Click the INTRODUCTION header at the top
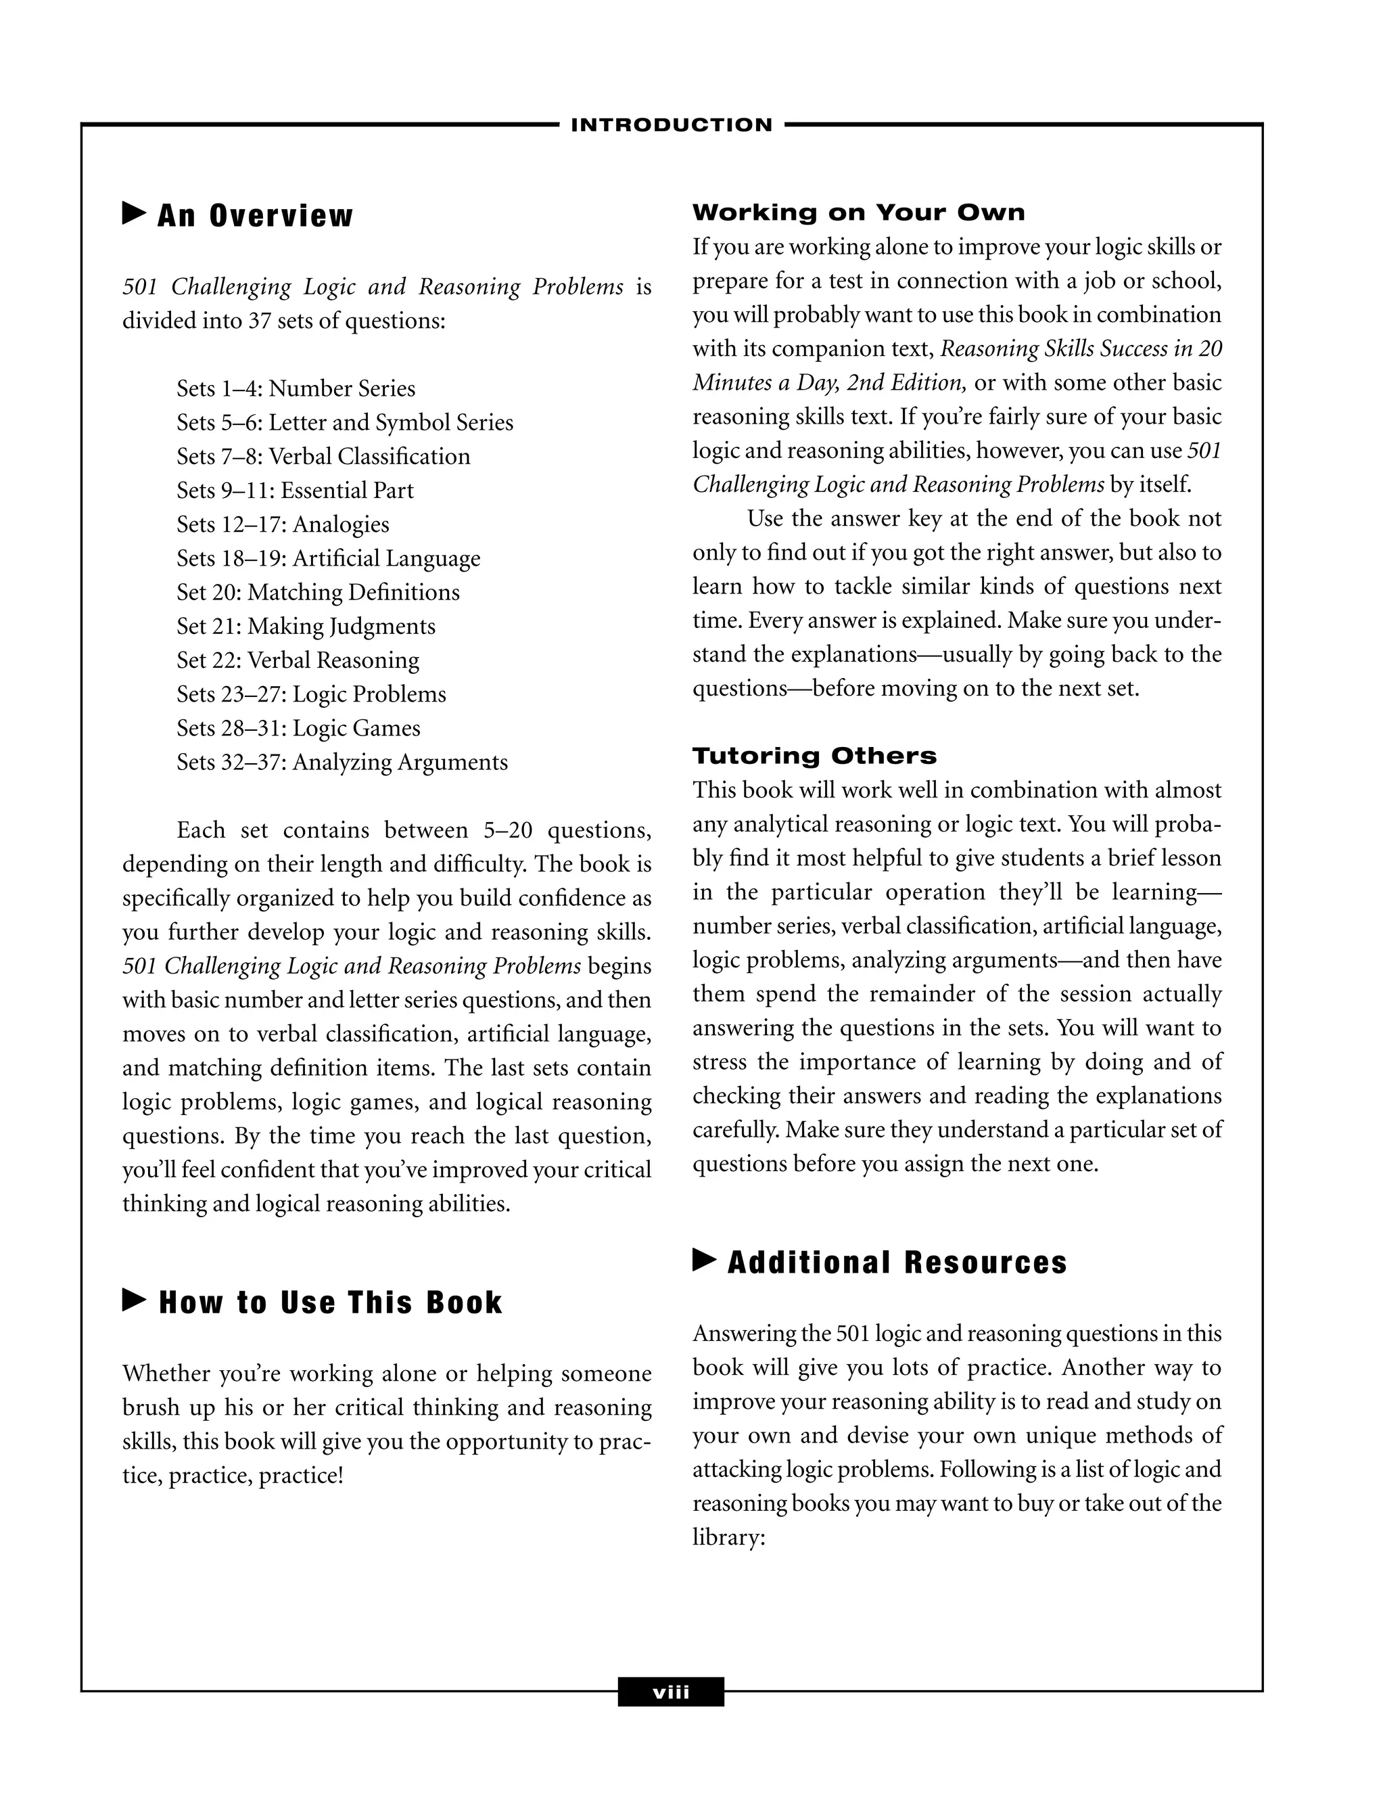point(671,126)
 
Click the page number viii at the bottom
point(670,1692)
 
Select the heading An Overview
point(254,216)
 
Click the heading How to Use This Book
point(330,1303)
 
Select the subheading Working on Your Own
point(858,212)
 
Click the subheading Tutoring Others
point(814,756)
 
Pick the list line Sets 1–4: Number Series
point(296,388)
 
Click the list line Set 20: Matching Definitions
point(318,592)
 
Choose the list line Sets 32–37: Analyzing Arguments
point(342,763)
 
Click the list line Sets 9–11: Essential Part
point(295,490)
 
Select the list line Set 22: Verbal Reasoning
point(297,660)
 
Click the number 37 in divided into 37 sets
point(259,320)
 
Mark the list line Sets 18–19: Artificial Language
point(328,558)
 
